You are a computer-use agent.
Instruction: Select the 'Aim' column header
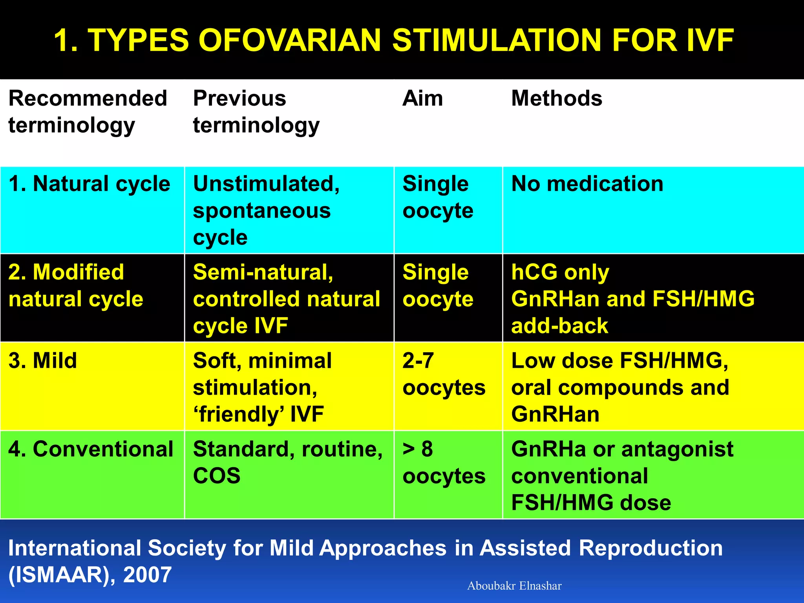pos(422,98)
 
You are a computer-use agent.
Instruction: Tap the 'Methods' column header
pos(556,98)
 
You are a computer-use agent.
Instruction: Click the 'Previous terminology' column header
pos(256,112)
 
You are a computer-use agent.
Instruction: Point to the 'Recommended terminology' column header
pos(88,112)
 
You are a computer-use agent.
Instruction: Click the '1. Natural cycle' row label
pos(90,184)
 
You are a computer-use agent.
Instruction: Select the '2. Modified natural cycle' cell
pos(76,285)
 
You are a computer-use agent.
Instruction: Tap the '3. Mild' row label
pos(43,360)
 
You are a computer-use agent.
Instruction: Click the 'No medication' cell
pos(587,184)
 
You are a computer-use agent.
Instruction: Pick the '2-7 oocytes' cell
pos(444,374)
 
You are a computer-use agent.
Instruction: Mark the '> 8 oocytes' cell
pos(444,462)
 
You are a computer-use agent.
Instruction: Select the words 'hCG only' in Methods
pos(560,272)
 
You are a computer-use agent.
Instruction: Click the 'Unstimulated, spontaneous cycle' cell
pos(266,210)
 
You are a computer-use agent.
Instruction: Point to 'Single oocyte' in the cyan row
pos(438,197)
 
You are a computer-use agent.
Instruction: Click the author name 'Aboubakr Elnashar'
pos(514,586)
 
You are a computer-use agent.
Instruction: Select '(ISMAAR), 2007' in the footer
pos(90,575)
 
